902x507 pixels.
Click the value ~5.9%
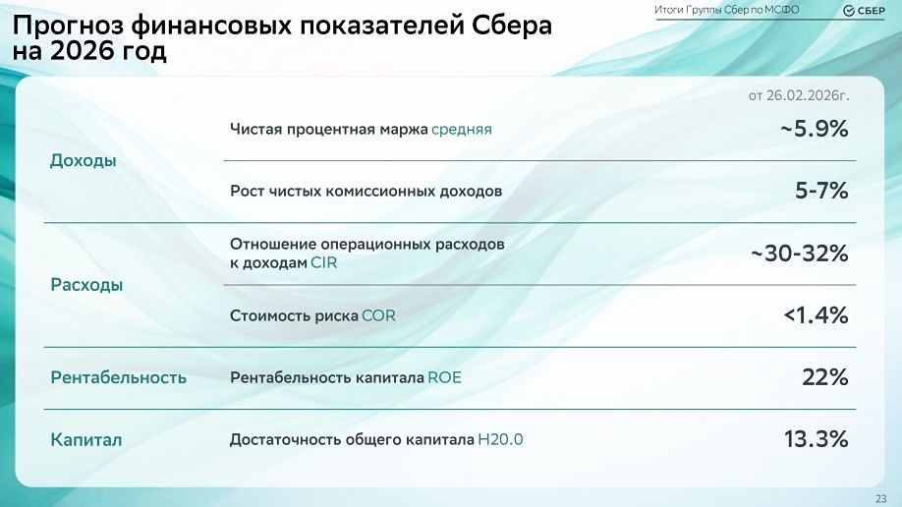tap(814, 129)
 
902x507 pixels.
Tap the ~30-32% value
tap(799, 253)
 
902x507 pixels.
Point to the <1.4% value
tap(815, 315)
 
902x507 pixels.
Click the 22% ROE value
tap(824, 377)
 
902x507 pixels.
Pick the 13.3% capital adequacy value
tap(816, 439)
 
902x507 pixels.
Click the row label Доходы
tap(83, 160)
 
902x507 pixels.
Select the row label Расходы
tap(86, 285)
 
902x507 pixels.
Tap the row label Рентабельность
tap(118, 377)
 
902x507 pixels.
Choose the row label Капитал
tap(86, 440)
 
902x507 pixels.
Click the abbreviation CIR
tap(324, 263)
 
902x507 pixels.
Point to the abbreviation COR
tap(378, 316)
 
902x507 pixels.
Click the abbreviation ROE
tap(444, 377)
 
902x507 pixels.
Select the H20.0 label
tap(499, 440)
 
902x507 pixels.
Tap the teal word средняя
tap(461, 129)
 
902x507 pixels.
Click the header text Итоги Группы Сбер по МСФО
tap(726, 10)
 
